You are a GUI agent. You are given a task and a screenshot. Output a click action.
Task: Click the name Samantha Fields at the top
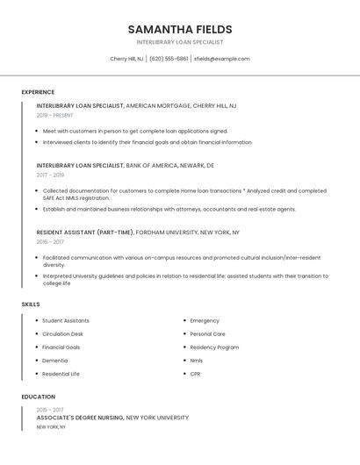click(180, 29)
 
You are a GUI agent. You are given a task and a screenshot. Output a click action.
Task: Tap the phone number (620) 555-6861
click(169, 59)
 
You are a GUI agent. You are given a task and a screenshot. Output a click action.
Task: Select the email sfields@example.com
click(221, 59)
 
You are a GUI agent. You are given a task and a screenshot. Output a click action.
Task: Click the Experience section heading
click(38, 92)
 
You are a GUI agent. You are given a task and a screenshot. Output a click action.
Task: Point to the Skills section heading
click(31, 304)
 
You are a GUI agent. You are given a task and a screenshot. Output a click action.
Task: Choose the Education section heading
click(37, 397)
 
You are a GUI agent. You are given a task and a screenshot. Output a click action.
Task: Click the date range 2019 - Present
click(55, 116)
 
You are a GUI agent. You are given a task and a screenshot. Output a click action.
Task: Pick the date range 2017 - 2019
click(50, 175)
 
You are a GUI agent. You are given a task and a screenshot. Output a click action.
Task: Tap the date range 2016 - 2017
click(50, 242)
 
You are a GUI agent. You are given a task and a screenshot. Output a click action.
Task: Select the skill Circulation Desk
click(63, 334)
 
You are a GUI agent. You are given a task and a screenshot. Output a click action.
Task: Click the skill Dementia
click(54, 361)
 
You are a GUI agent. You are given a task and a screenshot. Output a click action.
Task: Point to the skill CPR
click(195, 374)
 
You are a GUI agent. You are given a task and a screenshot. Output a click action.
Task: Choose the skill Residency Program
click(214, 347)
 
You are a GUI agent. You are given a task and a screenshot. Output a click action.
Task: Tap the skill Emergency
click(205, 321)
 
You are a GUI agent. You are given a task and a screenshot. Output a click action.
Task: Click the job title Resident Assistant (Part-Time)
click(85, 232)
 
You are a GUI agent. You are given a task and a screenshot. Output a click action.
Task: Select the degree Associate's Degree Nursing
click(81, 418)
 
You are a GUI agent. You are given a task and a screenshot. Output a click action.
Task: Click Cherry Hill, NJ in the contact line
click(126, 59)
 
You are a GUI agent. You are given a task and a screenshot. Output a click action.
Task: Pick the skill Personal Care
click(207, 334)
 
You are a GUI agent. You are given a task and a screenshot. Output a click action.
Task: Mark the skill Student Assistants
click(66, 321)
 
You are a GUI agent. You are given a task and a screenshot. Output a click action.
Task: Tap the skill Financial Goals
click(61, 347)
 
